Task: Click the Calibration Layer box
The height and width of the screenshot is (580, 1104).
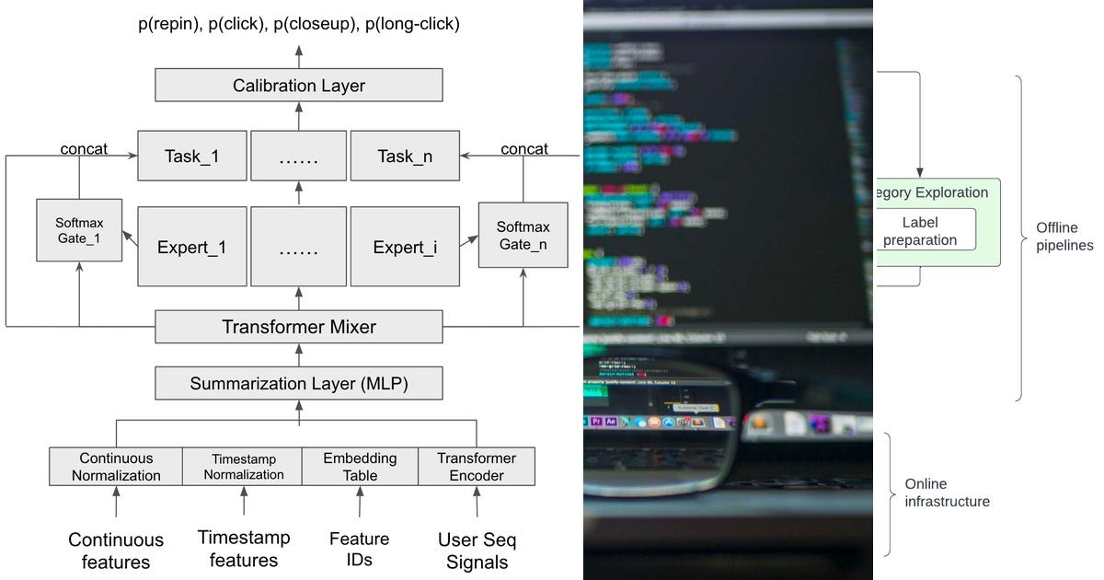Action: click(299, 86)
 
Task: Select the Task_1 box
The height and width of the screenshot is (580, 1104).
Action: click(192, 156)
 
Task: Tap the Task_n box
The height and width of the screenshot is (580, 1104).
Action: click(405, 156)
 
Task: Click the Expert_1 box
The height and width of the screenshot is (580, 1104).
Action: click(192, 247)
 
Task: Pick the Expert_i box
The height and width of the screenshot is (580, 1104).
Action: click(405, 247)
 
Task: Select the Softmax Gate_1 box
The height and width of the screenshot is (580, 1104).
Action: click(79, 229)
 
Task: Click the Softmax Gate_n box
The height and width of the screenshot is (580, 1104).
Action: click(523, 234)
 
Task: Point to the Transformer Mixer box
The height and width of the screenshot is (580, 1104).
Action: click(299, 327)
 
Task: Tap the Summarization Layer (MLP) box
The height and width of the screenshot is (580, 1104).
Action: click(299, 383)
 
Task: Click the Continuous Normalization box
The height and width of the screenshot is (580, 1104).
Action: click(116, 467)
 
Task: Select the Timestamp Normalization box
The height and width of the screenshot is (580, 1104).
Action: click(243, 467)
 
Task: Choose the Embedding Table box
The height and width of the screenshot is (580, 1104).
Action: click(360, 467)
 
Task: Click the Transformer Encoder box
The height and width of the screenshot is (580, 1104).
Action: click(476, 467)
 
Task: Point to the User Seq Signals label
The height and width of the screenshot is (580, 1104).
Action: click(476, 551)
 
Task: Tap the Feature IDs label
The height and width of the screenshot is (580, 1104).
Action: click(359, 549)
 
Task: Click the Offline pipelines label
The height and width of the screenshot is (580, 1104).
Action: click(1064, 237)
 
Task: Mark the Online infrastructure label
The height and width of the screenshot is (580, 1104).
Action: click(947, 493)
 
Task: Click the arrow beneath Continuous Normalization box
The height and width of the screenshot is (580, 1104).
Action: click(116, 502)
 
